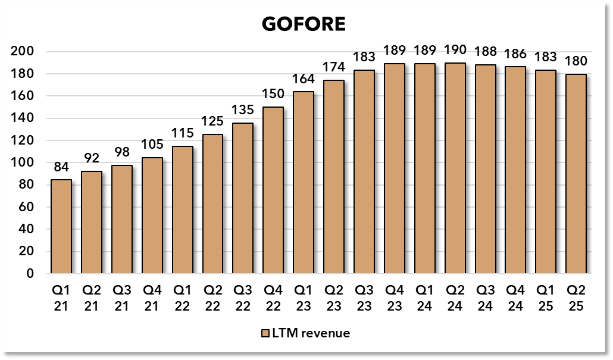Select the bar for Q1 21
(x=61, y=226)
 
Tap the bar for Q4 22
(x=273, y=190)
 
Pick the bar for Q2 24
(x=455, y=168)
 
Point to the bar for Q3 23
(x=364, y=172)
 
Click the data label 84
(x=61, y=168)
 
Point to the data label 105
(x=152, y=145)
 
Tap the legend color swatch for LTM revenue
(x=265, y=333)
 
